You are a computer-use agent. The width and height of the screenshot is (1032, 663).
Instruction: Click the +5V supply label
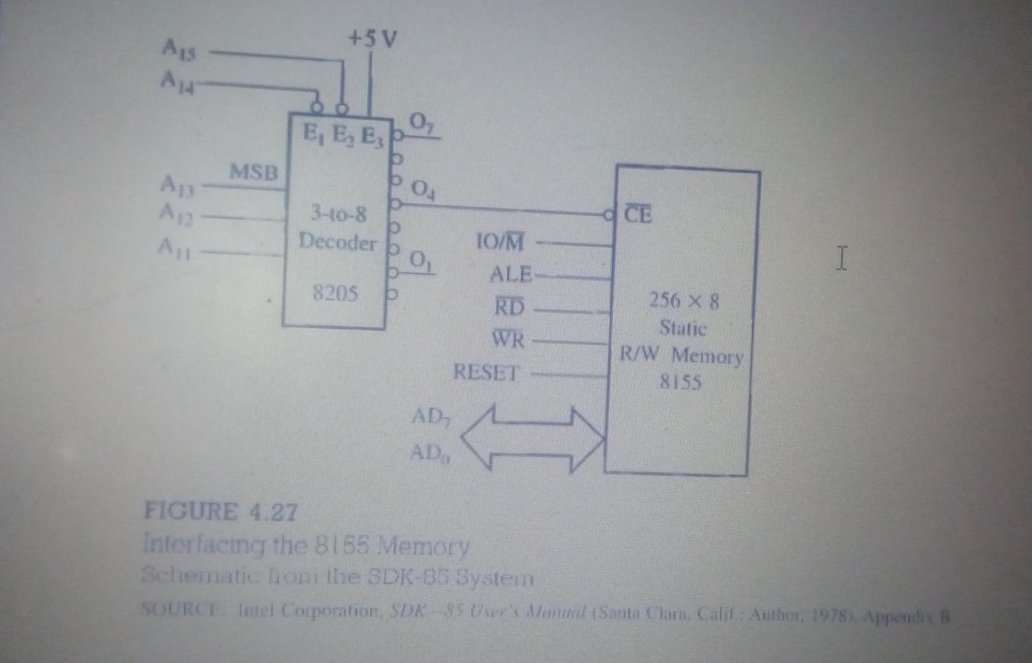click(372, 39)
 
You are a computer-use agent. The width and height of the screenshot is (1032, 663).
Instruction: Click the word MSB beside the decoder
click(254, 171)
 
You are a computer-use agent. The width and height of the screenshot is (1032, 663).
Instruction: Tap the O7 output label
click(421, 123)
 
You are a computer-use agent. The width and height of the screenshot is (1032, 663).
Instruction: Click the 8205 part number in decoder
click(335, 293)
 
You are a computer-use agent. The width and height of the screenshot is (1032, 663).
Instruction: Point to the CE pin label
click(638, 214)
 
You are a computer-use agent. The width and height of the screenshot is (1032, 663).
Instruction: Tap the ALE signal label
click(510, 274)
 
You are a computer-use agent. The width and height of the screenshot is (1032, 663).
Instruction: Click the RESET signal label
click(486, 372)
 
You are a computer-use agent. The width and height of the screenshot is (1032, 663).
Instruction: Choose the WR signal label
click(509, 338)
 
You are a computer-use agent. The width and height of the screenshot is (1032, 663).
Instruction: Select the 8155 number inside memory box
click(680, 382)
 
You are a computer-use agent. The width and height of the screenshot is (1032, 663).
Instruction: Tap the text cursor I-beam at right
click(842, 258)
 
